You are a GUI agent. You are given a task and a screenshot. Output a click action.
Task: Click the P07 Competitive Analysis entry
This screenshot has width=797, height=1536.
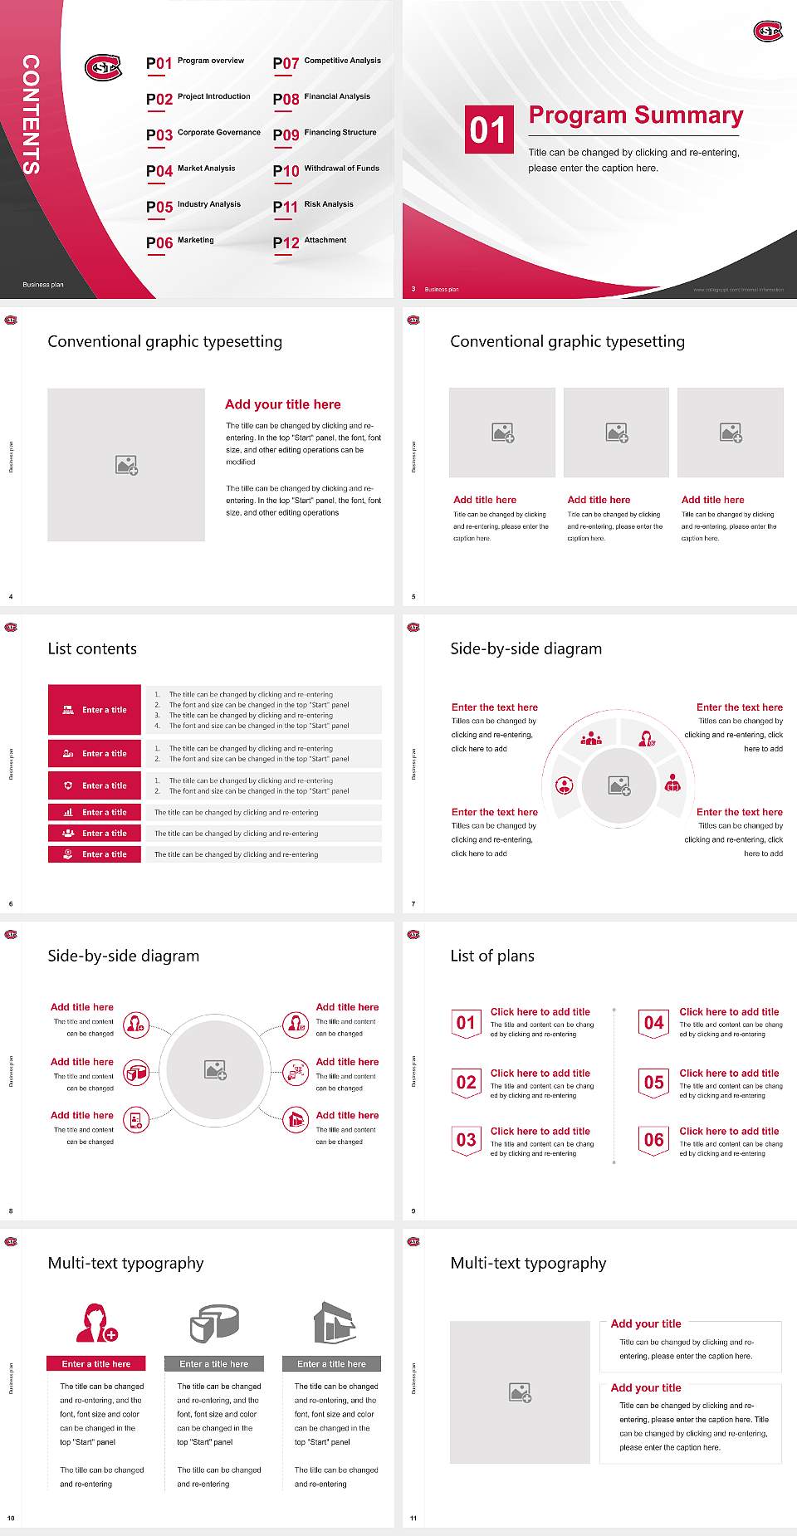(327, 62)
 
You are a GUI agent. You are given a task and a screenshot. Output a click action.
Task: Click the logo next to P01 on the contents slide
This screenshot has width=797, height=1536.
(103, 67)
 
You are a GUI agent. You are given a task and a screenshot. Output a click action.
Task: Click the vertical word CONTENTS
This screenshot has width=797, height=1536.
(31, 115)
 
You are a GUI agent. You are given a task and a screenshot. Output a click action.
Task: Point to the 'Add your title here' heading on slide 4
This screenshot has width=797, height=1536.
(282, 404)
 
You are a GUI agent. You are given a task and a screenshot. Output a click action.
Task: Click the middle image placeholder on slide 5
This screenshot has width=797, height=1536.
(616, 432)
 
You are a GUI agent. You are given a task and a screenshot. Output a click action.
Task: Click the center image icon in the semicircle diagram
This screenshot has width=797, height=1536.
(619, 785)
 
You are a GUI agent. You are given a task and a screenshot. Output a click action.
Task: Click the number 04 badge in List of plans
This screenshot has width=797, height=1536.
(653, 1023)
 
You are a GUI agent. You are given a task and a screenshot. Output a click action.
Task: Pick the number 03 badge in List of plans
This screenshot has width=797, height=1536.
(466, 1140)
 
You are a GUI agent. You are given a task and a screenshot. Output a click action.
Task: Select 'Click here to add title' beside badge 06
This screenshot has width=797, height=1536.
(729, 1131)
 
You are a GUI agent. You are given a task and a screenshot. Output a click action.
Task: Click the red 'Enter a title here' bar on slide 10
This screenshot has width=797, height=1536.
(95, 1363)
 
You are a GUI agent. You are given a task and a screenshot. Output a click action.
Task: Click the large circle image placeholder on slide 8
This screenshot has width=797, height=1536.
(216, 1070)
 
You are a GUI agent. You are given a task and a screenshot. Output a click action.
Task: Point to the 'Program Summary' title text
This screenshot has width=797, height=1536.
(635, 115)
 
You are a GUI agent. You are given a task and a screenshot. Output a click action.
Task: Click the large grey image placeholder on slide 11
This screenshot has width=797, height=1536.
(520, 1392)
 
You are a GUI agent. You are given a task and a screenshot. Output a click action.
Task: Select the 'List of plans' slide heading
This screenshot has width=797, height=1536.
(492, 956)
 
